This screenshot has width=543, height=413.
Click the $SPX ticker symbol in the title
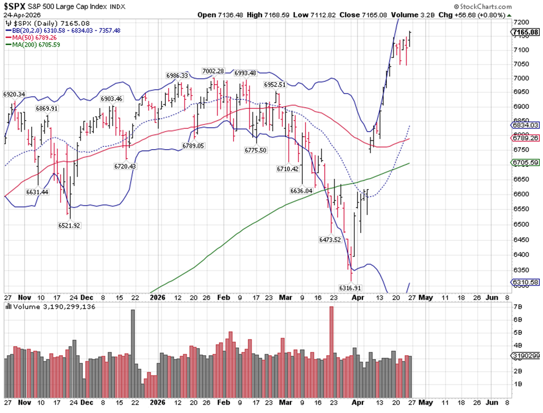tap(17, 7)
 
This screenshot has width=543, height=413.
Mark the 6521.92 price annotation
tap(70, 225)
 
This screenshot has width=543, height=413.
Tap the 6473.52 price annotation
tap(330, 239)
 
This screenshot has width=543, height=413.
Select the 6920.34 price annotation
tap(14, 95)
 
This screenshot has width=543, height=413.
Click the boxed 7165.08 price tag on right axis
tap(526, 33)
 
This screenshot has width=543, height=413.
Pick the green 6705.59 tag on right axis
tap(526, 162)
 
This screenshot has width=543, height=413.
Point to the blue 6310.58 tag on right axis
tap(526, 282)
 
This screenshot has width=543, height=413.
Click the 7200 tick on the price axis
tap(521, 22)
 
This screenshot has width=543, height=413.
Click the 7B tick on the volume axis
tap(517, 307)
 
